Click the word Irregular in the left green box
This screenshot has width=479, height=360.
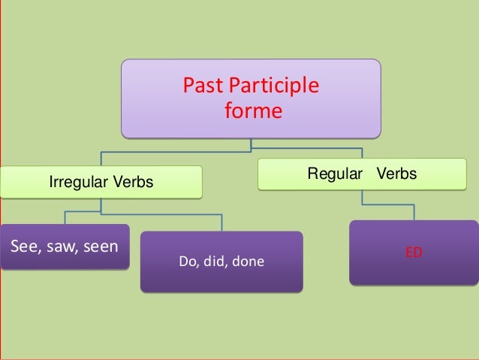coord(77,182)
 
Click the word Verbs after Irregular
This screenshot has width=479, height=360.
coord(132,182)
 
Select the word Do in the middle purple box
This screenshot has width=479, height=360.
coord(188,262)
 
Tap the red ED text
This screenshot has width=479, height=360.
coord(414,253)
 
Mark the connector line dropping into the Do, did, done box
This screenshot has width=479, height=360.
coord(221,223)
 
